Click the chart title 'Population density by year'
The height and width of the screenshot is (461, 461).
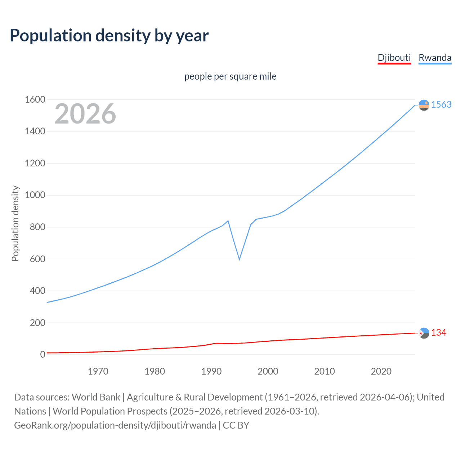[109, 36]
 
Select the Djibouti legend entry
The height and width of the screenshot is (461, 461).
[394, 58]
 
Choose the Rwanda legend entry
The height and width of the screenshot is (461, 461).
[435, 58]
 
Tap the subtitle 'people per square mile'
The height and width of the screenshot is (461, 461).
[230, 76]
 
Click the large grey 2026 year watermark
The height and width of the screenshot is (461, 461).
[85, 114]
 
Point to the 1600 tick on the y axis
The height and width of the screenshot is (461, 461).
[35, 99]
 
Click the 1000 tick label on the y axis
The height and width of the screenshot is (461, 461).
[35, 195]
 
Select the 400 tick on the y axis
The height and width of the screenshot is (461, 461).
[38, 291]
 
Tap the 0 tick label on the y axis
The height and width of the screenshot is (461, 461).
[43, 354]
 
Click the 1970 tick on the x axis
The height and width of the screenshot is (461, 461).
[98, 371]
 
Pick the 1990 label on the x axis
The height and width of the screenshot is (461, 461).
[211, 371]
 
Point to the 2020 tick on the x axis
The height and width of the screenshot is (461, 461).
[381, 371]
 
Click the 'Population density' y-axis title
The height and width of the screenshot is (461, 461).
[15, 223]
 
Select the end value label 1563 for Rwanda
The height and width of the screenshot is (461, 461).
[441, 104]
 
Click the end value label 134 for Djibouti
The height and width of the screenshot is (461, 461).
[439, 332]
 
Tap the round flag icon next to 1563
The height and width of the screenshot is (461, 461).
[424, 105]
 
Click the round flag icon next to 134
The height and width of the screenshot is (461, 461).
[424, 333]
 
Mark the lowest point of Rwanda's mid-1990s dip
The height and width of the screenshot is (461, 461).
[239, 259]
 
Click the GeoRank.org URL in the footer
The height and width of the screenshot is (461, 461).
[115, 425]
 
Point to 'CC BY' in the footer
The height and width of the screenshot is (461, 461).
[236, 425]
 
